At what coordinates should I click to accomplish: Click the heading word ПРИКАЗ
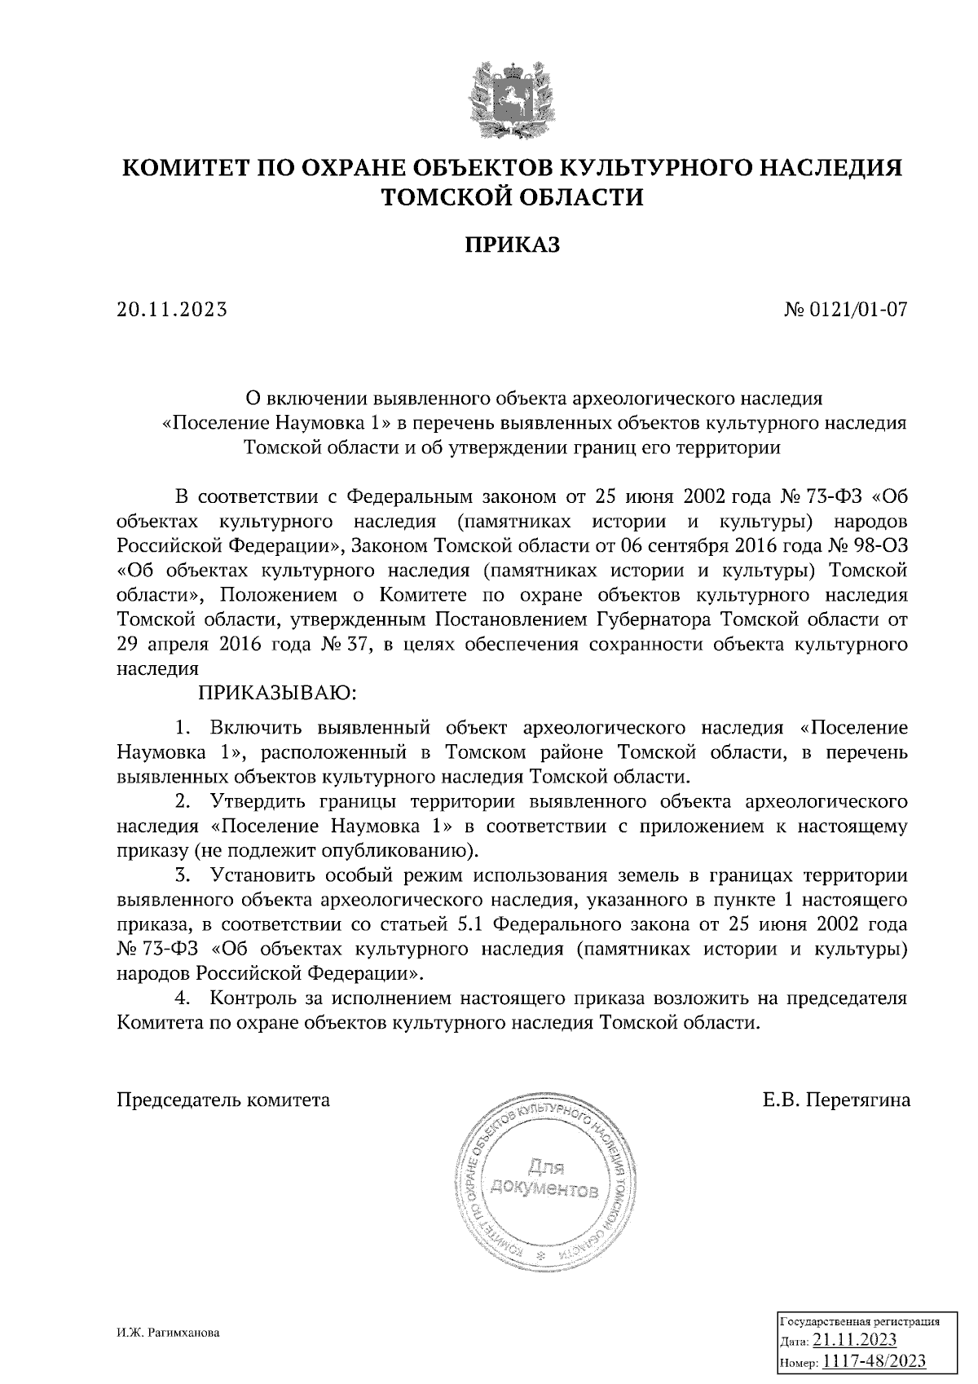pos(513,245)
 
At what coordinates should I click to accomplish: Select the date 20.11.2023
pos(172,310)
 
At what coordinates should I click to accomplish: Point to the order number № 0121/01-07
pos(845,310)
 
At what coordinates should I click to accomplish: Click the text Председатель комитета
pos(224,1100)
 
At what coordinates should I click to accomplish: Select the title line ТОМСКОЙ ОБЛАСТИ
pos(513,197)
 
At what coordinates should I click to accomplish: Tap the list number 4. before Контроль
pos(183,998)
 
